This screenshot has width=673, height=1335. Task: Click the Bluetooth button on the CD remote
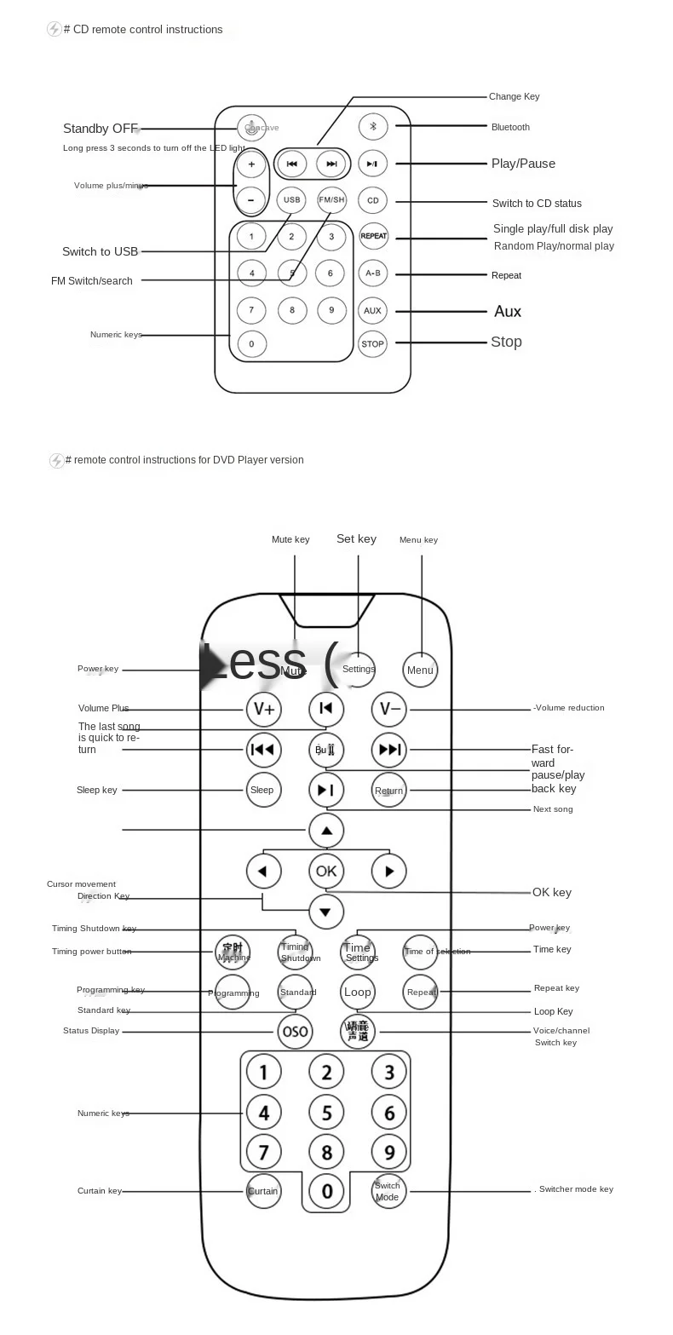372,127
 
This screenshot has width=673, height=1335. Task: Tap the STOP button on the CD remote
372,344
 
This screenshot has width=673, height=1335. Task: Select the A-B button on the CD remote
372,273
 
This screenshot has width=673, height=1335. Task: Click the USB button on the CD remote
291,200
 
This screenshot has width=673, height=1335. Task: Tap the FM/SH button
331,200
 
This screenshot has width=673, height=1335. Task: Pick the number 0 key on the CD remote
251,344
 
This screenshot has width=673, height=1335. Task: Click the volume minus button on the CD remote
251,200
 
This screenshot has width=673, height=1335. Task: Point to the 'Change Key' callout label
514,96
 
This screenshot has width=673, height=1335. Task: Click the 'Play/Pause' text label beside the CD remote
523,164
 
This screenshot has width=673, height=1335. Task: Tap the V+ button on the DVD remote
263,709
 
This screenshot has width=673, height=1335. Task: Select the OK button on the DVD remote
326,871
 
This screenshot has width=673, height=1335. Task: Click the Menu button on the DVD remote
420,670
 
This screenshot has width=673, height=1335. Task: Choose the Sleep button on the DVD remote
262,790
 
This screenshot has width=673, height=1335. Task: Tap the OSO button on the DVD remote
295,1032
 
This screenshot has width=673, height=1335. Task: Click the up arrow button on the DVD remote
326,831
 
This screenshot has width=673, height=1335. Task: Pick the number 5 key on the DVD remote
326,1113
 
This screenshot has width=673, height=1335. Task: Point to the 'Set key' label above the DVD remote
356,538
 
